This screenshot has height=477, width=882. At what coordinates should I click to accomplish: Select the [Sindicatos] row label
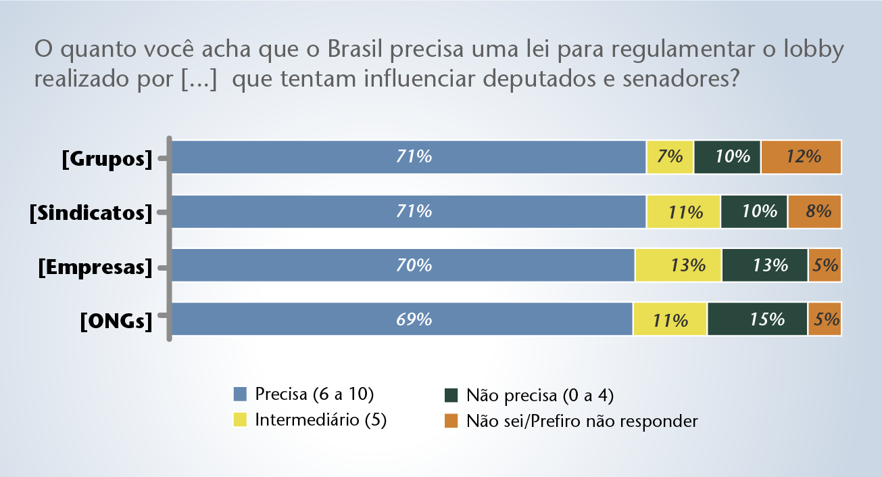click(x=91, y=212)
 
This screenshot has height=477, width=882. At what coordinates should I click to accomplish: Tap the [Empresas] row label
click(x=95, y=267)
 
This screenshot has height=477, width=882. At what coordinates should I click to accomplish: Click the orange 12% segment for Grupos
click(x=801, y=157)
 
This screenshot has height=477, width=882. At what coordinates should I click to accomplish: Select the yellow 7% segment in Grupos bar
click(x=670, y=157)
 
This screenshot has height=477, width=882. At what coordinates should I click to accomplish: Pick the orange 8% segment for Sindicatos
click(x=814, y=211)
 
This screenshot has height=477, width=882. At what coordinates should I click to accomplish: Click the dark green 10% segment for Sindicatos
click(x=754, y=211)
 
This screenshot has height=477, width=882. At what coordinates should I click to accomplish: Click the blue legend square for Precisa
click(x=240, y=394)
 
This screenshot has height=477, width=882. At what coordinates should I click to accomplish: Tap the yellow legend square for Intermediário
click(x=240, y=419)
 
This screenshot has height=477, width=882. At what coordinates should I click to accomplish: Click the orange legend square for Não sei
click(x=451, y=420)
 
